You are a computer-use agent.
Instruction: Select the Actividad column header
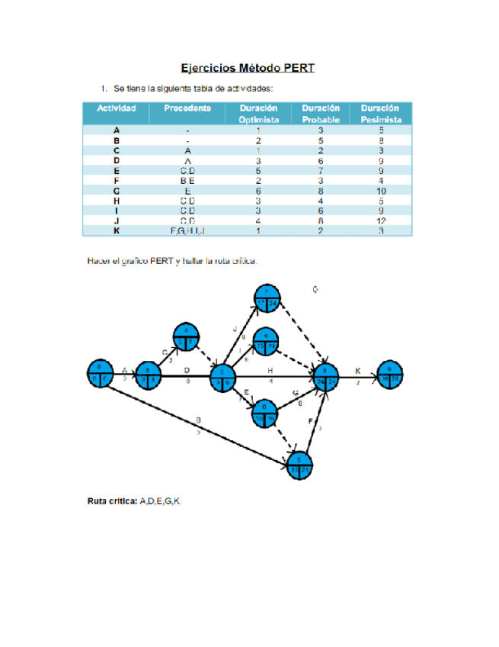coord(117,108)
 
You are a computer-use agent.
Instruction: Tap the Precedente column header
coord(187,108)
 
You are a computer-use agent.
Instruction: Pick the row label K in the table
coord(117,230)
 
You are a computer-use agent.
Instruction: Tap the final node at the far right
coord(390,375)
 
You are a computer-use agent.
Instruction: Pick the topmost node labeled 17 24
coord(266,298)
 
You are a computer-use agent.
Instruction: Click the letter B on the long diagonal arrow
coord(199,420)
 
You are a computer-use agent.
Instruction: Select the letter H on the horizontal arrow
coord(270,370)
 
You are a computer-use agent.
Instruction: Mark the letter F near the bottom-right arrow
coord(310,421)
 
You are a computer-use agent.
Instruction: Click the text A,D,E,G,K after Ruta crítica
coord(162,501)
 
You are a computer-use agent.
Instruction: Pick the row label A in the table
coord(117,131)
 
